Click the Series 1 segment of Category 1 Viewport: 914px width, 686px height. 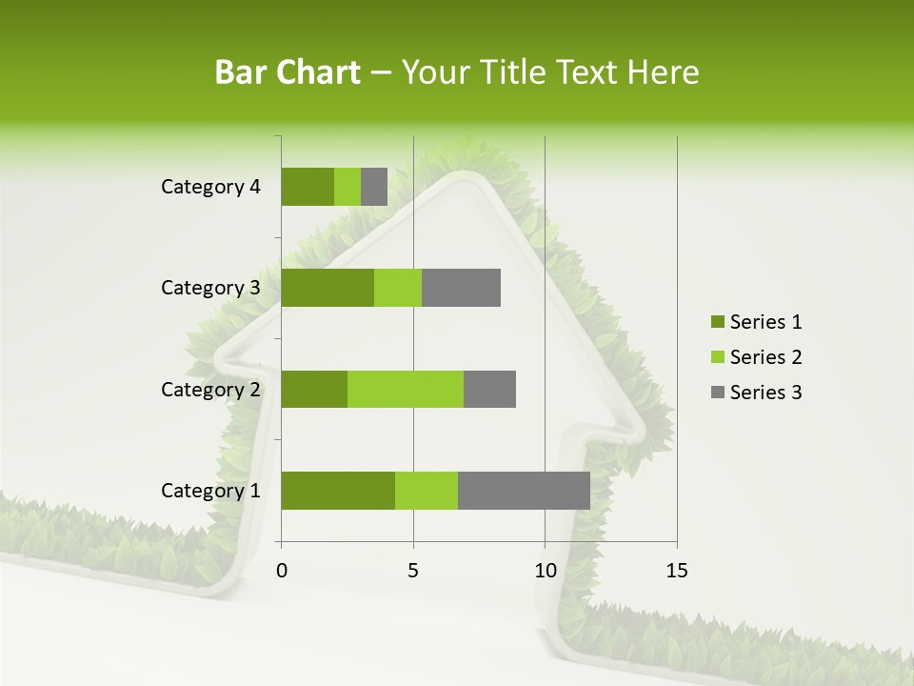tap(338, 491)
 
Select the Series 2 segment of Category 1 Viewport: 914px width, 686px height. tap(427, 491)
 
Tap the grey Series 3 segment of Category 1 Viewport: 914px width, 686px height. tap(524, 491)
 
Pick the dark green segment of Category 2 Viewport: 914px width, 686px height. tap(314, 389)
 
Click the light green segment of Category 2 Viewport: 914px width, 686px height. tap(406, 389)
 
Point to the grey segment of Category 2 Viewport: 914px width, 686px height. tap(489, 389)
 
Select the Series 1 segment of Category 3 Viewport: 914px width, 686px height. tap(328, 288)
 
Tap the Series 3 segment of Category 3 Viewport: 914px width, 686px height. tap(461, 288)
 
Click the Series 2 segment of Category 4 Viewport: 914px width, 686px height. tap(348, 187)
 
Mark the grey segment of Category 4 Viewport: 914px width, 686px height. tap(374, 187)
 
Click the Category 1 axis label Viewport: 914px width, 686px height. tap(210, 491)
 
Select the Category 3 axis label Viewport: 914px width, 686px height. tap(210, 288)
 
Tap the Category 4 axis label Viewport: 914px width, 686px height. tap(210, 187)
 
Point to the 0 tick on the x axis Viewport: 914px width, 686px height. tap(282, 571)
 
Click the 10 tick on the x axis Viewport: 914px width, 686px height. tap(545, 571)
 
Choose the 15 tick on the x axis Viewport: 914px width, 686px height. tap(676, 571)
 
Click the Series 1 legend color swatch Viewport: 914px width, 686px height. tap(716, 322)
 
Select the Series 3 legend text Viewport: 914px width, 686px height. tap(765, 393)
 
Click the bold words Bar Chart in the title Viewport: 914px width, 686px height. tap(288, 72)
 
